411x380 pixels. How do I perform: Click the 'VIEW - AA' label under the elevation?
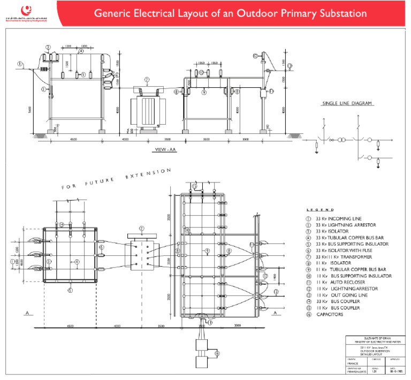[164, 149]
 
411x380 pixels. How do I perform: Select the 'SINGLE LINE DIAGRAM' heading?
[347, 103]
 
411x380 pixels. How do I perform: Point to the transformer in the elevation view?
[147, 109]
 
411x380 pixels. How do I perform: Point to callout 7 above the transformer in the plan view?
[141, 229]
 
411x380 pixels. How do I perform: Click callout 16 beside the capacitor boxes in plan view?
[217, 354]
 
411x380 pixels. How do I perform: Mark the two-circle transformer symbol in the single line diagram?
[338, 141]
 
